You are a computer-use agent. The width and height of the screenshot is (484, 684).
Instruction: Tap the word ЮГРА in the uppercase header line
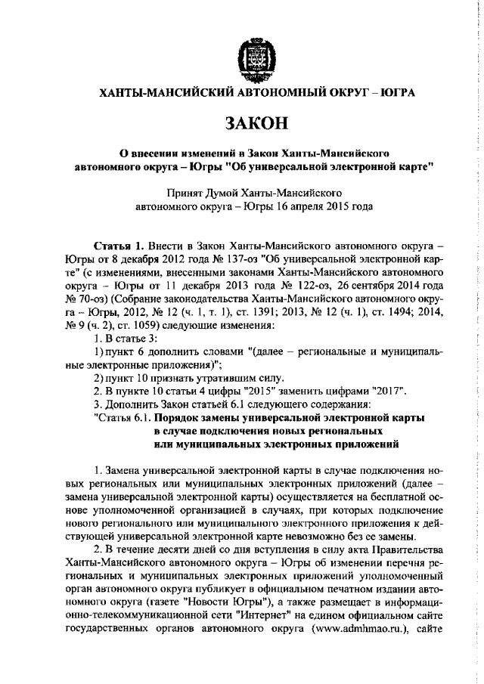click(395, 93)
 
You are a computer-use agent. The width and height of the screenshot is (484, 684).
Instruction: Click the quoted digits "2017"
click(391, 391)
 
